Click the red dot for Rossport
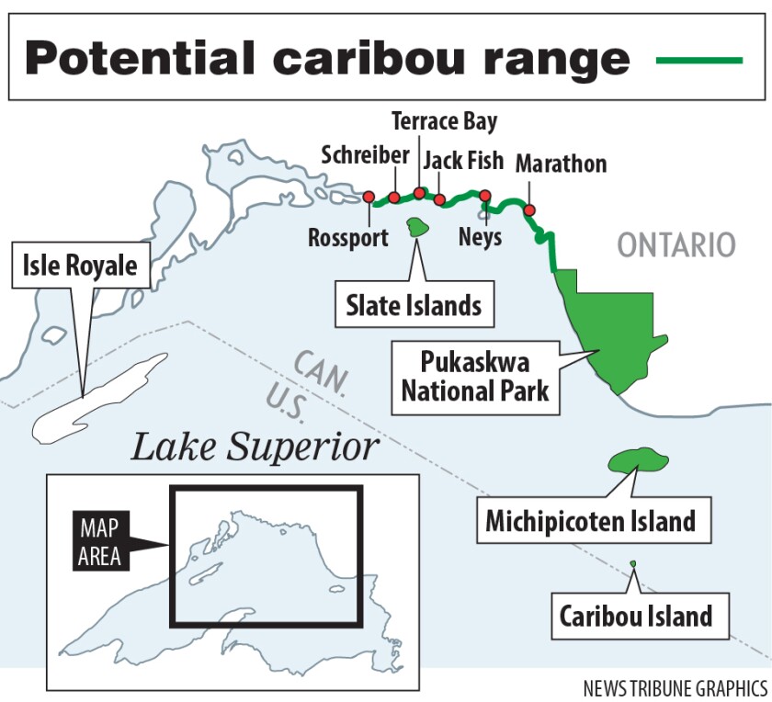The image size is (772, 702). coord(369,197)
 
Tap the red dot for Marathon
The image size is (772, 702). coord(529,210)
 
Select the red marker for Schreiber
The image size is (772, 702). coord(394,198)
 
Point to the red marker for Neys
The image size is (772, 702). coord(485,196)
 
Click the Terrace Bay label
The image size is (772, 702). coord(445,120)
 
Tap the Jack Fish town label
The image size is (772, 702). coord(463,161)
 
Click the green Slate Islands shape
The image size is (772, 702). coord(420,227)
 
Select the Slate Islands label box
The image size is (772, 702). coord(414,304)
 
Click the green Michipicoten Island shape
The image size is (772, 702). coord(635,461)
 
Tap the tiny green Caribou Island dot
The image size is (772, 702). coord(632,564)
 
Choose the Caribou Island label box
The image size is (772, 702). coord(636,615)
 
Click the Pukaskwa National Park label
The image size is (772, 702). coord(475,375)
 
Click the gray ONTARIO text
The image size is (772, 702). coord(676,245)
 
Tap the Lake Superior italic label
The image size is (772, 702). coord(255,447)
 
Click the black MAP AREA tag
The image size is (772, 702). coord(100,542)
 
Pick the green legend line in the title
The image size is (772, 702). coord(699,60)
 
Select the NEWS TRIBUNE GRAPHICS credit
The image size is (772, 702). coord(675,687)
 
